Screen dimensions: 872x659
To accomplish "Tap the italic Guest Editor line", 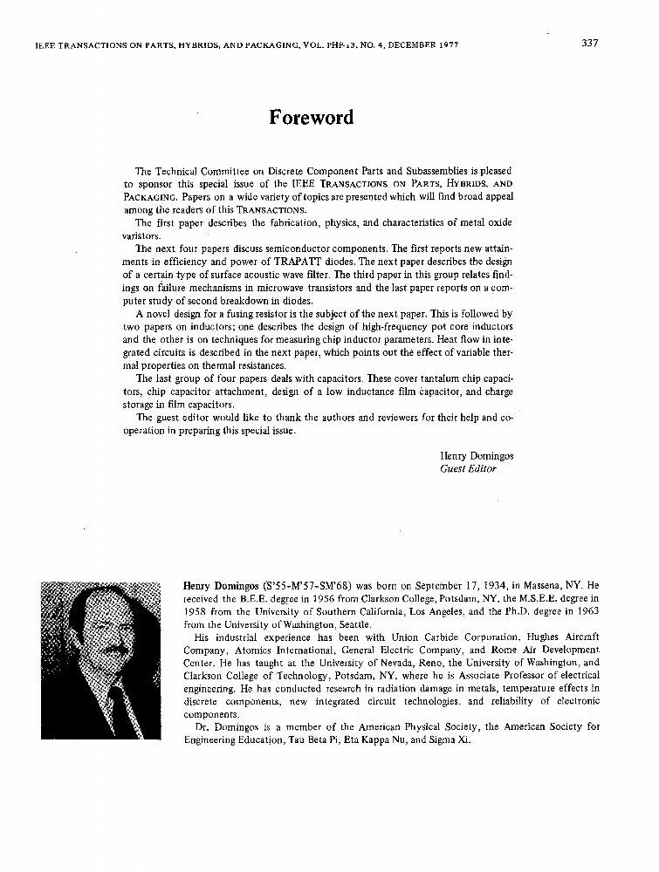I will pos(468,468).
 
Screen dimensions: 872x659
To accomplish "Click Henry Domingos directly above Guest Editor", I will pos(477,455).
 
